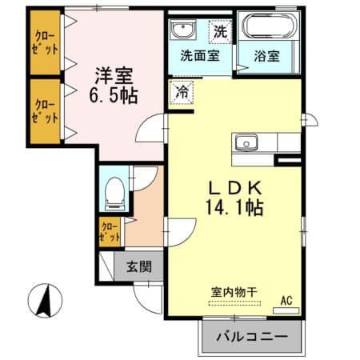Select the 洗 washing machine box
[219, 32]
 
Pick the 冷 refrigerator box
[180, 92]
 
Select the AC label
[286, 301]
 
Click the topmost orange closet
[46, 41]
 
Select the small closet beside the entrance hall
[110, 233]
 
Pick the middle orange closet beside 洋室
[46, 110]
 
